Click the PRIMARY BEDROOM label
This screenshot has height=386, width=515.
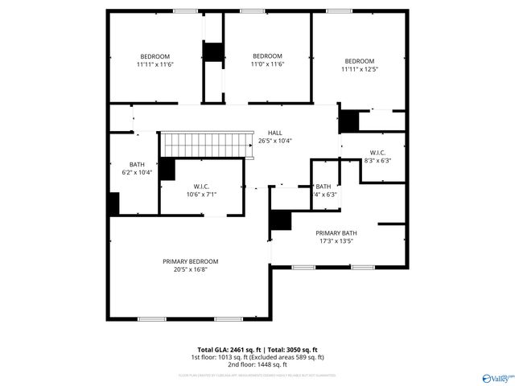191,261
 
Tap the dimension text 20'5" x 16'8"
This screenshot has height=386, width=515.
191,270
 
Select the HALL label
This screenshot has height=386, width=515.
275,133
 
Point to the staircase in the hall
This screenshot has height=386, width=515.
202,145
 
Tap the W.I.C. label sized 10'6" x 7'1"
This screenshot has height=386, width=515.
201,187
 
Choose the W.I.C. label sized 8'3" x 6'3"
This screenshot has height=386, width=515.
377,152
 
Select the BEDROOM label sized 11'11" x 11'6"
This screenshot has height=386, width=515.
156,56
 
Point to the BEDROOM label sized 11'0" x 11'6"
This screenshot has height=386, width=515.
267,56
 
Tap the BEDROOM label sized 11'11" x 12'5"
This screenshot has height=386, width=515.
360,61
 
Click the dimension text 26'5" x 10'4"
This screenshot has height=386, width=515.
275,141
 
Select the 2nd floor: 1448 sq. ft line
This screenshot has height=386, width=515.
257,364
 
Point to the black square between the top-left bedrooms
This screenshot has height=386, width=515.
212,52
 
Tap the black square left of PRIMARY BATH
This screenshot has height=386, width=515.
281,220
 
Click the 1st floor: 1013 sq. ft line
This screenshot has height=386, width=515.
222,357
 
